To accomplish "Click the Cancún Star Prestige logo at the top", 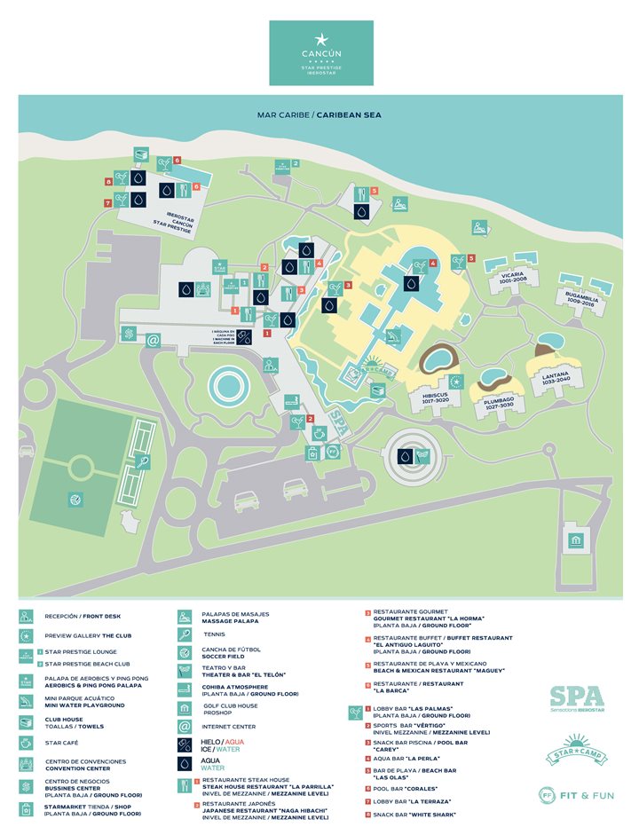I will click(320, 53).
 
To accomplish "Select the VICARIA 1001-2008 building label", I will click(513, 277).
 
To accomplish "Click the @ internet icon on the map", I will click(153, 340).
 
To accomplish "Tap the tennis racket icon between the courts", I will click(143, 461).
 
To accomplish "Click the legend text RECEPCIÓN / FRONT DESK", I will click(83, 615).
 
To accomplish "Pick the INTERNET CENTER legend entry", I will click(229, 725).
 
